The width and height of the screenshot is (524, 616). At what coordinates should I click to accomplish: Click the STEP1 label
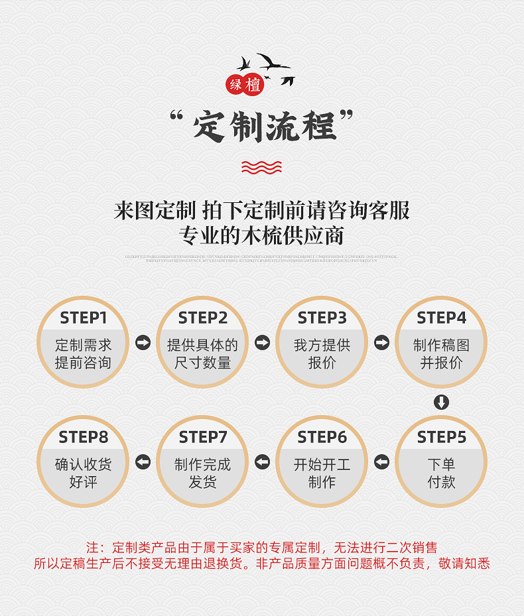(x=83, y=318)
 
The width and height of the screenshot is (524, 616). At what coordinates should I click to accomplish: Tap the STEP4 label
(x=441, y=318)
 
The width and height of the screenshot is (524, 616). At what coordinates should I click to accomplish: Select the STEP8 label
(x=83, y=438)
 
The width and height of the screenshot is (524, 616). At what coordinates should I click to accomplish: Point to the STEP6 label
(x=322, y=438)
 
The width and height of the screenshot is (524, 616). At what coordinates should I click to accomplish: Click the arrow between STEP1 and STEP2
(x=143, y=342)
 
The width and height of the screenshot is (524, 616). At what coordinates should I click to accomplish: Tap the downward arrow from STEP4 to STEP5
(x=441, y=402)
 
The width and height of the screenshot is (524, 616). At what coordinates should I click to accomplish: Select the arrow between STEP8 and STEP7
(x=143, y=462)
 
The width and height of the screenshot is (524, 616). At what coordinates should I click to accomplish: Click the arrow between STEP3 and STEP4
(x=381, y=342)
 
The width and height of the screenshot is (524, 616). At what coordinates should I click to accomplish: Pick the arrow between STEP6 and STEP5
(x=381, y=462)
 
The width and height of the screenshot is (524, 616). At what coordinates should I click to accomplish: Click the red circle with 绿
(x=236, y=85)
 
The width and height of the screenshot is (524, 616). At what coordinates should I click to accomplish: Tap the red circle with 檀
(x=253, y=84)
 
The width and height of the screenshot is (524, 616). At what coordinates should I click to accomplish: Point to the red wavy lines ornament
(x=261, y=166)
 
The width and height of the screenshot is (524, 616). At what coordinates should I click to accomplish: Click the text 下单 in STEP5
(x=441, y=464)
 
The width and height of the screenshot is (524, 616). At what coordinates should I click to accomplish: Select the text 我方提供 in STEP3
(x=322, y=345)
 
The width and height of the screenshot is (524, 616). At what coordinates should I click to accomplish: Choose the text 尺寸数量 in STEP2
(x=202, y=363)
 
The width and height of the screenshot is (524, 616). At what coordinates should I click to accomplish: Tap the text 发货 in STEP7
(x=202, y=482)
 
